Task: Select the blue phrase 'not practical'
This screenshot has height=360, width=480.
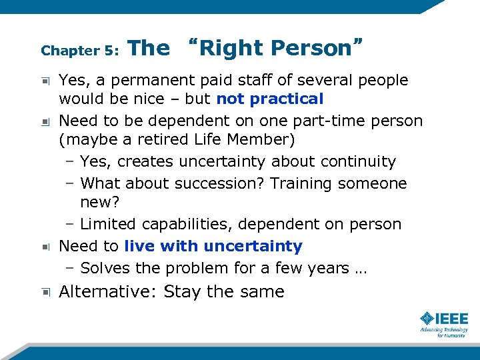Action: tap(270, 99)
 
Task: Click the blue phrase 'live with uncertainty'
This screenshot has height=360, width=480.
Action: tap(213, 246)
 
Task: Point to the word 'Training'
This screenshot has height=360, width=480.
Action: tap(316, 183)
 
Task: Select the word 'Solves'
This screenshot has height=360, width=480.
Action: tap(103, 268)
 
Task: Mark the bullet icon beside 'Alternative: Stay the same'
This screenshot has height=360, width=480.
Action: tap(45, 292)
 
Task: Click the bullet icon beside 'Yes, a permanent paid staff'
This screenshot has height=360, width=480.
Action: tap(45, 81)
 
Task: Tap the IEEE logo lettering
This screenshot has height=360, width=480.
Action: tap(452, 319)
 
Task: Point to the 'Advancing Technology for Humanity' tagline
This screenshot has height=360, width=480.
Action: tap(443, 332)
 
